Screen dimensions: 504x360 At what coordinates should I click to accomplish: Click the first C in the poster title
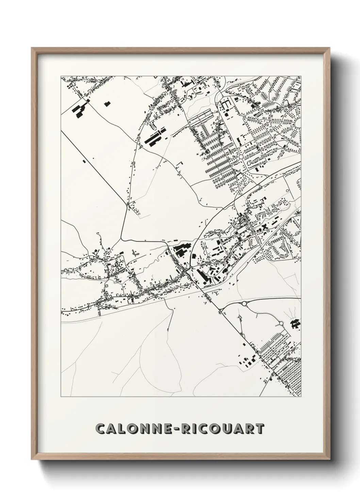[x=101, y=429]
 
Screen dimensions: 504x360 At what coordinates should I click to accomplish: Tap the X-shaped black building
[x=265, y=226]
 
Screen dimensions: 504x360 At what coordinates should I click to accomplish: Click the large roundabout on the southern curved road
[x=244, y=303]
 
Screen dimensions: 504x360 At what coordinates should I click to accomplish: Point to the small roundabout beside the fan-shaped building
[x=281, y=323]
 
